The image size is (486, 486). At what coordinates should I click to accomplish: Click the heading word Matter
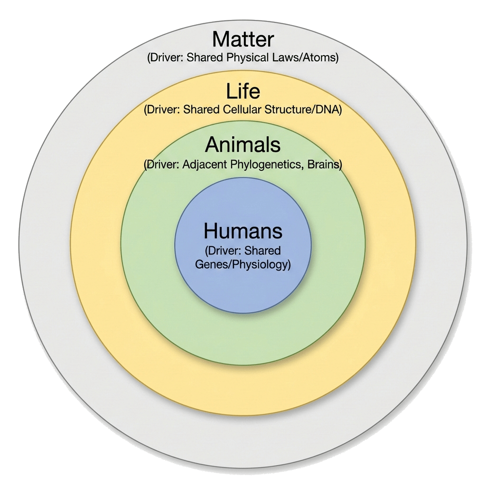(x=243, y=39)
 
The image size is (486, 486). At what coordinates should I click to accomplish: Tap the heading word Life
(x=243, y=91)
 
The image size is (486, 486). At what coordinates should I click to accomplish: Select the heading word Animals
(x=243, y=144)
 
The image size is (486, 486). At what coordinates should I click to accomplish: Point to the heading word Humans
(x=243, y=231)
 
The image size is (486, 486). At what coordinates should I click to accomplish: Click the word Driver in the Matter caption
(x=165, y=58)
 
